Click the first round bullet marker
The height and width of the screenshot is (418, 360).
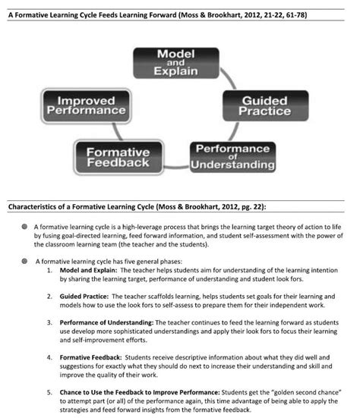[25, 227]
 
